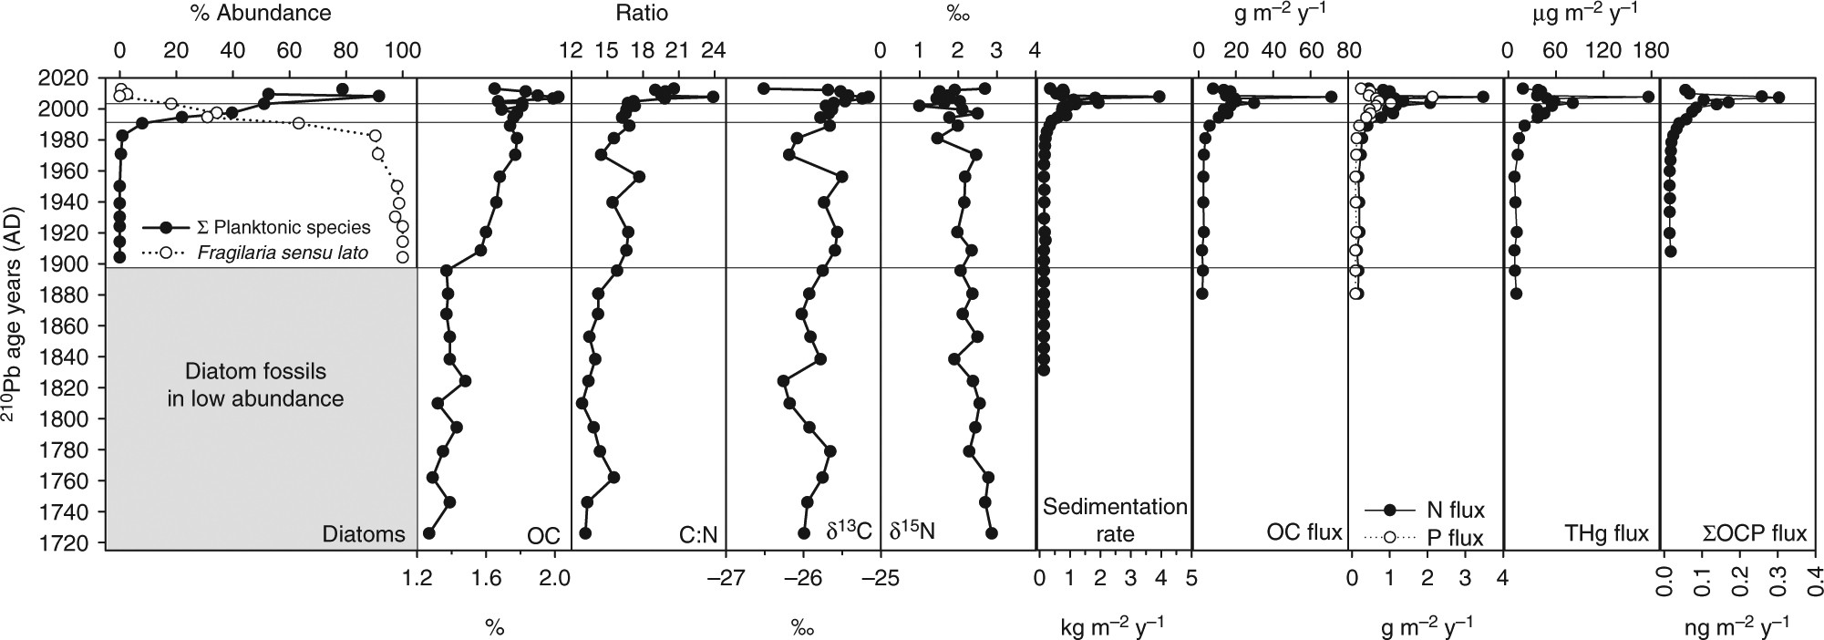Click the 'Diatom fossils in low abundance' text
click(x=255, y=385)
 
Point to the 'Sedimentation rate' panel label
click(x=1115, y=520)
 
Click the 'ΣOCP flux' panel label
click(x=1755, y=534)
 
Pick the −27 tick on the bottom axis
click(x=726, y=577)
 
